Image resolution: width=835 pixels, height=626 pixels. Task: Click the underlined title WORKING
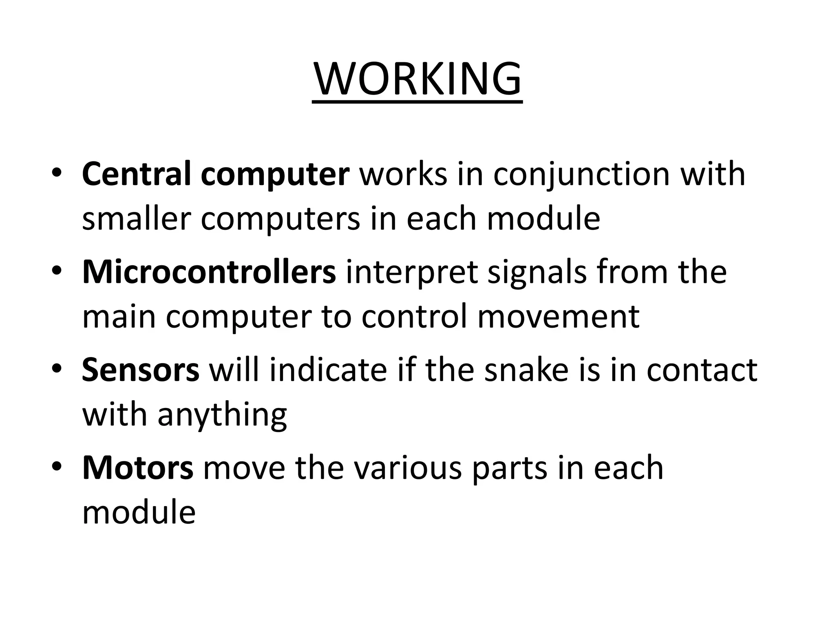(417, 79)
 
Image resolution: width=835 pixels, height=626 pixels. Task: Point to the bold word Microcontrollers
(209, 272)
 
